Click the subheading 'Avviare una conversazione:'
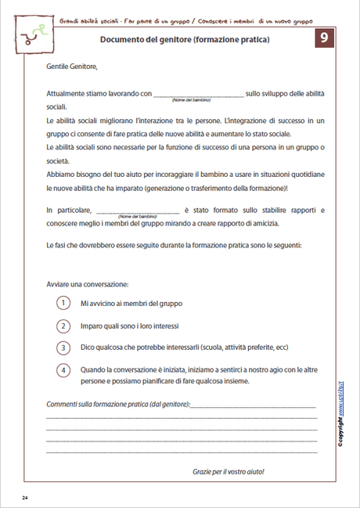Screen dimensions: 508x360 click(88, 283)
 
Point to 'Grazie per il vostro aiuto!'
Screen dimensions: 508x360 click(229, 472)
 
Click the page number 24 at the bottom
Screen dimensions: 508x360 click(25, 498)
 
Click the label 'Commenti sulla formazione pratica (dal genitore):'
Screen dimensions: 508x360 click(117, 405)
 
